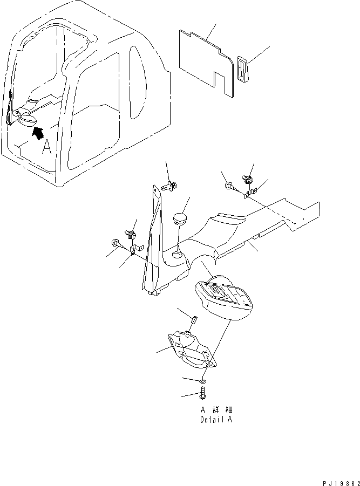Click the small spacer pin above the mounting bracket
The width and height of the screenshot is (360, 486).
click(x=193, y=322)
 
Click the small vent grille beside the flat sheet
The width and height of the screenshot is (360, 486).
click(x=241, y=70)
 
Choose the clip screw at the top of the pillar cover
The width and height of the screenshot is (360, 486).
click(x=169, y=186)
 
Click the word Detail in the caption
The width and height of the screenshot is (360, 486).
click(x=208, y=419)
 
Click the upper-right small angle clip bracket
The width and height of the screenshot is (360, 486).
click(x=249, y=191)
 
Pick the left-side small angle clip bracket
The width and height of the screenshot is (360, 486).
click(x=133, y=250)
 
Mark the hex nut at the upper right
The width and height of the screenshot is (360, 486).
click(x=229, y=187)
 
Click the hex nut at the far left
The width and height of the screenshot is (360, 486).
click(x=115, y=243)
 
